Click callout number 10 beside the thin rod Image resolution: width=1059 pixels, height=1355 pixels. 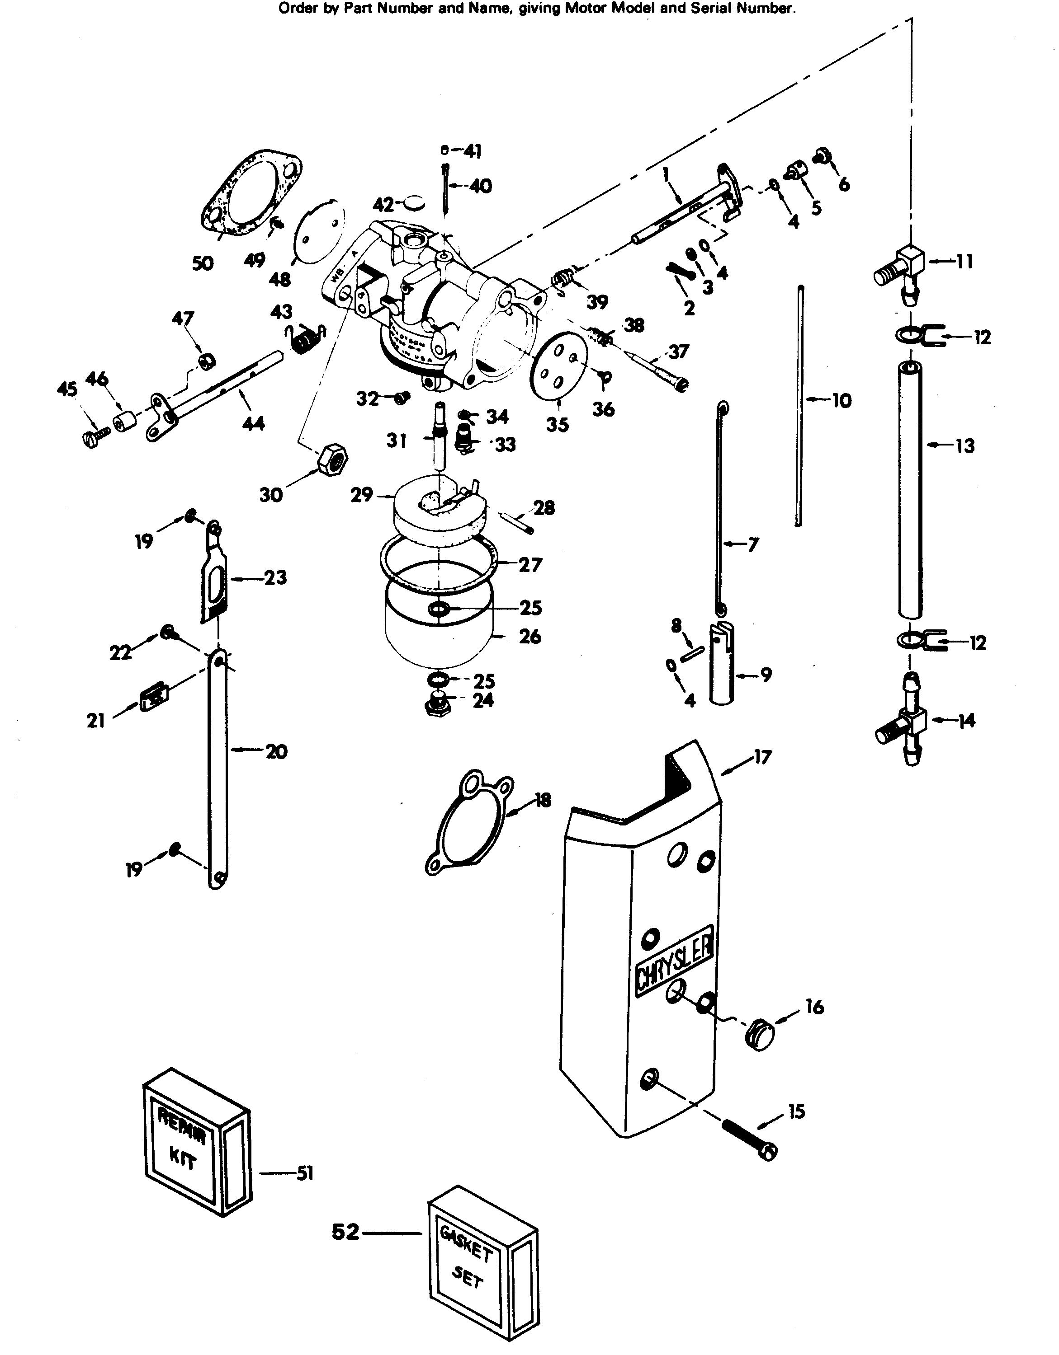842,401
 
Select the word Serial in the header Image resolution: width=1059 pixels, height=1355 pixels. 711,8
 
